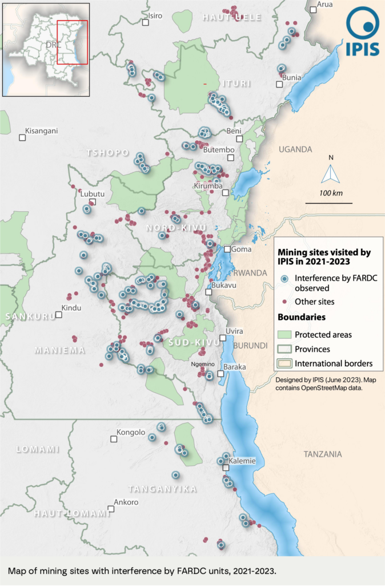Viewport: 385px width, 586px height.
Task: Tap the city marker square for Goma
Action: coord(227,249)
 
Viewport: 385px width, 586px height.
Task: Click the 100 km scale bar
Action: coord(323,203)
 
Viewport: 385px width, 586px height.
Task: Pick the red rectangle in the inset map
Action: coord(72,42)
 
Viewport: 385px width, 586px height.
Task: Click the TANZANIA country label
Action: coord(323,454)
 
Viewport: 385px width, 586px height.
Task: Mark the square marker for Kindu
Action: coord(58,315)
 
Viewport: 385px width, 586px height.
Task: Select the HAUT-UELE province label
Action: coord(232,18)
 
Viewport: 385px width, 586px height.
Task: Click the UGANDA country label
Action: coord(295,149)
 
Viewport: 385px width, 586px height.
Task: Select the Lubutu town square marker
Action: coord(92,202)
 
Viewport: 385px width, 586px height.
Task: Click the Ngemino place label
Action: coord(203,364)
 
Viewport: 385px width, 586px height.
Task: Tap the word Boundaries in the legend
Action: coord(302,316)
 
